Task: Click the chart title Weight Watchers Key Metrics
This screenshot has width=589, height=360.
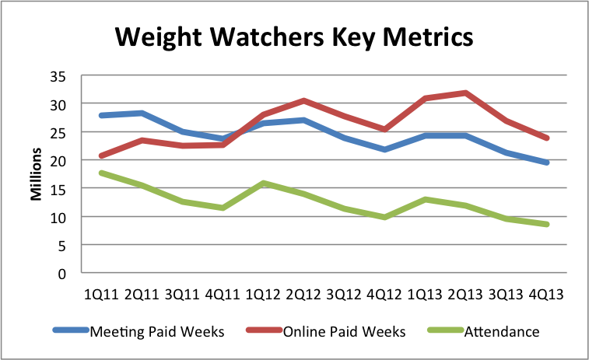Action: point(293,37)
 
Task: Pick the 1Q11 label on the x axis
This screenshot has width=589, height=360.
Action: point(101,295)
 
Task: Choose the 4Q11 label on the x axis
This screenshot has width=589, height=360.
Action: point(223,295)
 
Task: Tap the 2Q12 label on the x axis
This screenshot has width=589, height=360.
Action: point(304,295)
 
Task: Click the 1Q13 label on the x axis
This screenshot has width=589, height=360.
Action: point(426,295)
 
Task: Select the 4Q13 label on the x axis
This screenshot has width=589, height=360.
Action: point(547,295)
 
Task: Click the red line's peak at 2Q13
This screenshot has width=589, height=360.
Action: point(466,93)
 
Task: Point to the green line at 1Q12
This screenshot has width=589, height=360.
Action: point(264,183)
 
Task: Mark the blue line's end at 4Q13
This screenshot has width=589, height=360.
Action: point(547,163)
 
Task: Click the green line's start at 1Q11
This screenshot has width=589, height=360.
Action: point(102,173)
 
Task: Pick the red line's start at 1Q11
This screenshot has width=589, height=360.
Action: point(102,156)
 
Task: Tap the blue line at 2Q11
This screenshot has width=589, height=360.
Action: point(142,114)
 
